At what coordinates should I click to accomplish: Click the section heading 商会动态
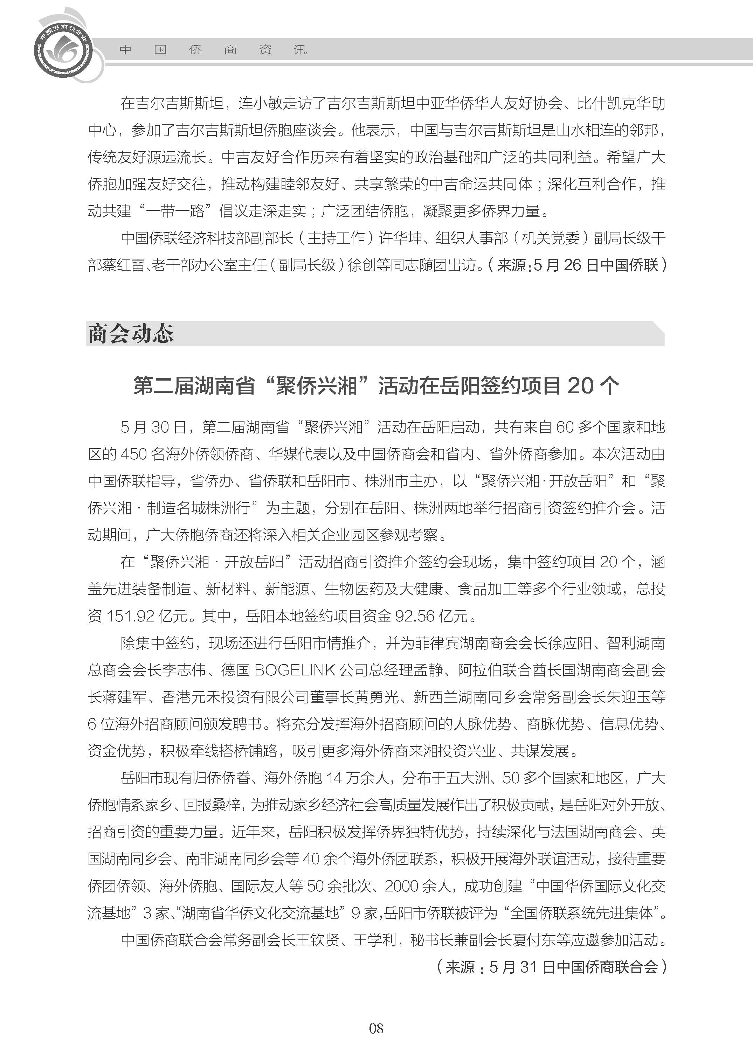pos(130,334)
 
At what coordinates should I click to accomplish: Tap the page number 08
pos(376,1041)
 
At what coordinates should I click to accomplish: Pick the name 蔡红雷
pos(124,265)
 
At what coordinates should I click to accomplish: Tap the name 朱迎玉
pos(628,697)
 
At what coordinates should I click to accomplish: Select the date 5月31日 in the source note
pos(522,967)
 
